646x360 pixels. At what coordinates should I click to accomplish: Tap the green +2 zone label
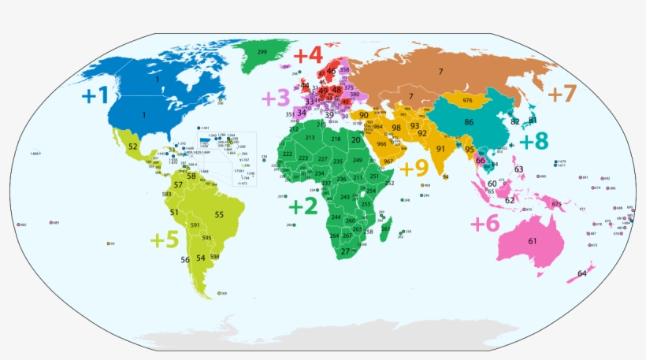coord(303,206)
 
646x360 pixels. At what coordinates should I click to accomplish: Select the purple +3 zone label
coord(275,98)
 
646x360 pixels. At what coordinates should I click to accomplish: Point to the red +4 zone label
coord(307,56)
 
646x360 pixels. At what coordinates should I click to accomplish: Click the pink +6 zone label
coord(485,223)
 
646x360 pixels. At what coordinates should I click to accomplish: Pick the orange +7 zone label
coord(562,93)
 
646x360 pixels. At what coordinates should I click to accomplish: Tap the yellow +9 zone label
coord(414,168)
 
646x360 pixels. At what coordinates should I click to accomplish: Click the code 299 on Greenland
coord(262,52)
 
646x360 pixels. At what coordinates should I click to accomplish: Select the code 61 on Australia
coord(533,240)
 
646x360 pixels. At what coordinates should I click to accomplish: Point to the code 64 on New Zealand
coord(581,273)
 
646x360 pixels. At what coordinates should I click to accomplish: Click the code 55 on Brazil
coord(219,214)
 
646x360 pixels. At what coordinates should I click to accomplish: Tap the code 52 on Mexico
coord(133,147)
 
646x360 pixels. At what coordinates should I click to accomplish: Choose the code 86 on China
coord(469,122)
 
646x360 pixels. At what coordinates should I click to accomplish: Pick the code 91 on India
coord(440,149)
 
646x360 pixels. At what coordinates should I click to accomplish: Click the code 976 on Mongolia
coord(467,101)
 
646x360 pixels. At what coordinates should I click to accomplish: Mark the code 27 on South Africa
coord(345,251)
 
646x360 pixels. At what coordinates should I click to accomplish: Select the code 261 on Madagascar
coord(384,228)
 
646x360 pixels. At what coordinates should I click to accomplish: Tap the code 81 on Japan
coord(533,119)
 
